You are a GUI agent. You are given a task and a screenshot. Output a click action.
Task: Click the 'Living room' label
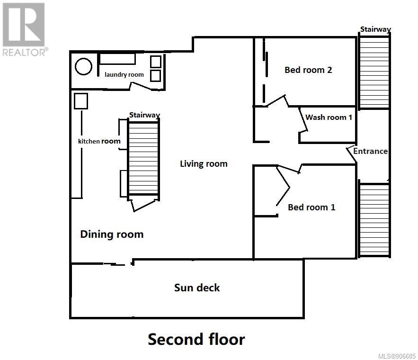point(204,163)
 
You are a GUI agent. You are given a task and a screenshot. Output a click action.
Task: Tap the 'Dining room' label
point(112,234)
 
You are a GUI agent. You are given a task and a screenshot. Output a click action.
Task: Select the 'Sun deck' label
point(197,288)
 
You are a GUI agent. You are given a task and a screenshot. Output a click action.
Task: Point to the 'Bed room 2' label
point(308,70)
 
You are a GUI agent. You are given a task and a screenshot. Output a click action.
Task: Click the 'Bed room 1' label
point(311,207)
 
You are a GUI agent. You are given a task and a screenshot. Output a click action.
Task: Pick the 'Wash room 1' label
point(329,117)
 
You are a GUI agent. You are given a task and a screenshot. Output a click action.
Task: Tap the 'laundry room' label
point(124,74)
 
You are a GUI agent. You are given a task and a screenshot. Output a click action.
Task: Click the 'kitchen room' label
point(99,141)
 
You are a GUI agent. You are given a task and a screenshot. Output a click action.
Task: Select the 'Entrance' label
point(370,151)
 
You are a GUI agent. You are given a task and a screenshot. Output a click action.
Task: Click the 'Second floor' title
point(196,339)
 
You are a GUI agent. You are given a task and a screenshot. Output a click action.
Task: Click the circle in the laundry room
point(83,66)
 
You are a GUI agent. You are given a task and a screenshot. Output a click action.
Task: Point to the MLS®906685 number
point(397,356)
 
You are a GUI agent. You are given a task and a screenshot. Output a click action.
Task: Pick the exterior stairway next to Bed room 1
point(374,220)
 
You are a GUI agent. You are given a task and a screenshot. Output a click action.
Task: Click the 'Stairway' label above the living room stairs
point(144,115)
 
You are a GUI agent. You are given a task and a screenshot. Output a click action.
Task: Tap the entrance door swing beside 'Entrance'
point(351,154)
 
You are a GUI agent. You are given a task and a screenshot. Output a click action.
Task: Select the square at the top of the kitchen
point(81,101)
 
